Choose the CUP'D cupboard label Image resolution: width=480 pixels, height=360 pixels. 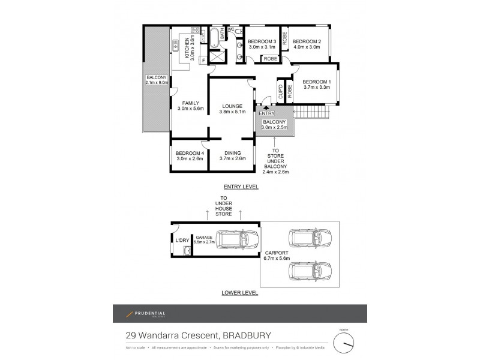(x=280, y=91)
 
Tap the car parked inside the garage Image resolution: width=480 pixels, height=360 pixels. (x=232, y=241)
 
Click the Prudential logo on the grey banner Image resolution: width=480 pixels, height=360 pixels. (x=145, y=314)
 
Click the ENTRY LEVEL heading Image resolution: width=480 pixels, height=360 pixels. (x=240, y=187)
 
